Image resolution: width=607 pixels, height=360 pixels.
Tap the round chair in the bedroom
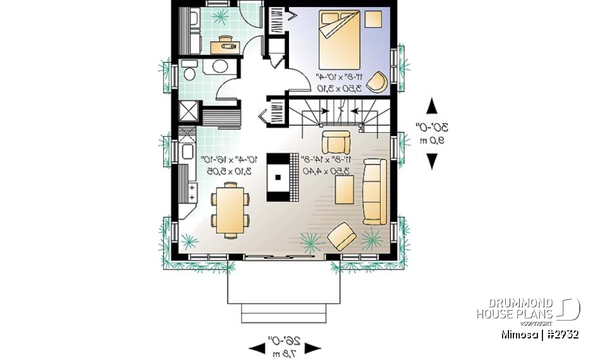click(377, 82)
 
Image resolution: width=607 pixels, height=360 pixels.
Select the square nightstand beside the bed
click(374, 19)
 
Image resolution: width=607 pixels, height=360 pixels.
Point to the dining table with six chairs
click(229, 209)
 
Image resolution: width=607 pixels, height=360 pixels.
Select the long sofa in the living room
click(374, 192)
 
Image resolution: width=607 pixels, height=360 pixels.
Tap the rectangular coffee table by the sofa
click(345, 189)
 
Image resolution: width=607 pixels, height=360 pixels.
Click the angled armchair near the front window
click(341, 237)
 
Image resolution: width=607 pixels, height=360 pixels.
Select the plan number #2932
click(562, 334)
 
